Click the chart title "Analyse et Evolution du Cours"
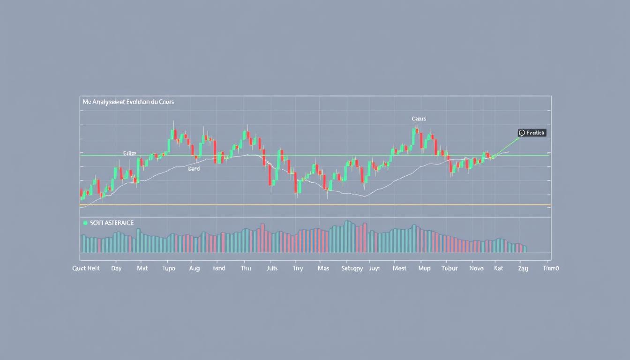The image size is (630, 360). tap(128, 102)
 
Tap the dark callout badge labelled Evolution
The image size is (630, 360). tap(532, 133)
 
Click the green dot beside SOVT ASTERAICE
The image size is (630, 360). tap(85, 223)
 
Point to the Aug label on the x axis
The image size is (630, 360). tap(194, 269)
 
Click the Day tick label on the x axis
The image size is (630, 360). tap(116, 269)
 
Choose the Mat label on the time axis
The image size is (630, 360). tap(142, 269)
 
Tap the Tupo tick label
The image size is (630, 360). tap(168, 269)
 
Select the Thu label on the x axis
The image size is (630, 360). tap(246, 269)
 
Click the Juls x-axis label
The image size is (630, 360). tap(271, 269)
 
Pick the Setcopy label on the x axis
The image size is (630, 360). tap(352, 269)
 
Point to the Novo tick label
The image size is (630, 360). tap(476, 269)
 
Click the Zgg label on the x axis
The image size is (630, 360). tap(523, 269)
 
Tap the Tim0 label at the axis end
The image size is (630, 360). tap(551, 269)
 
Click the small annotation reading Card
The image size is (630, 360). tap(194, 168)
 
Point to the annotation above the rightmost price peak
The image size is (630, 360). tap(419, 119)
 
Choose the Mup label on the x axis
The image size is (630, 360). tap(424, 269)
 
